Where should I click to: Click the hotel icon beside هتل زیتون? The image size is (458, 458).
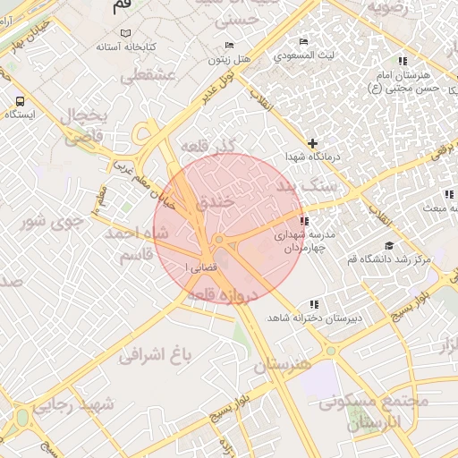pos(230,46)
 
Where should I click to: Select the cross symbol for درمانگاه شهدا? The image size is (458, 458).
pos(312,143)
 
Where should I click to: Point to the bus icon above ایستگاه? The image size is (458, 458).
pos(20,101)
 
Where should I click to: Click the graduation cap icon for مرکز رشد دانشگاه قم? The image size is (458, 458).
pos(388,245)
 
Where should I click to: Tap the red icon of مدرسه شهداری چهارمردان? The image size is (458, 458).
pos(305,220)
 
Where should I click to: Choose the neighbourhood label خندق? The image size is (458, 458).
pos(214,203)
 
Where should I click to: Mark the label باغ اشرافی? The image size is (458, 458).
pos(157,355)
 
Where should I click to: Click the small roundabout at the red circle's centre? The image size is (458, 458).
pos(219,240)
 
